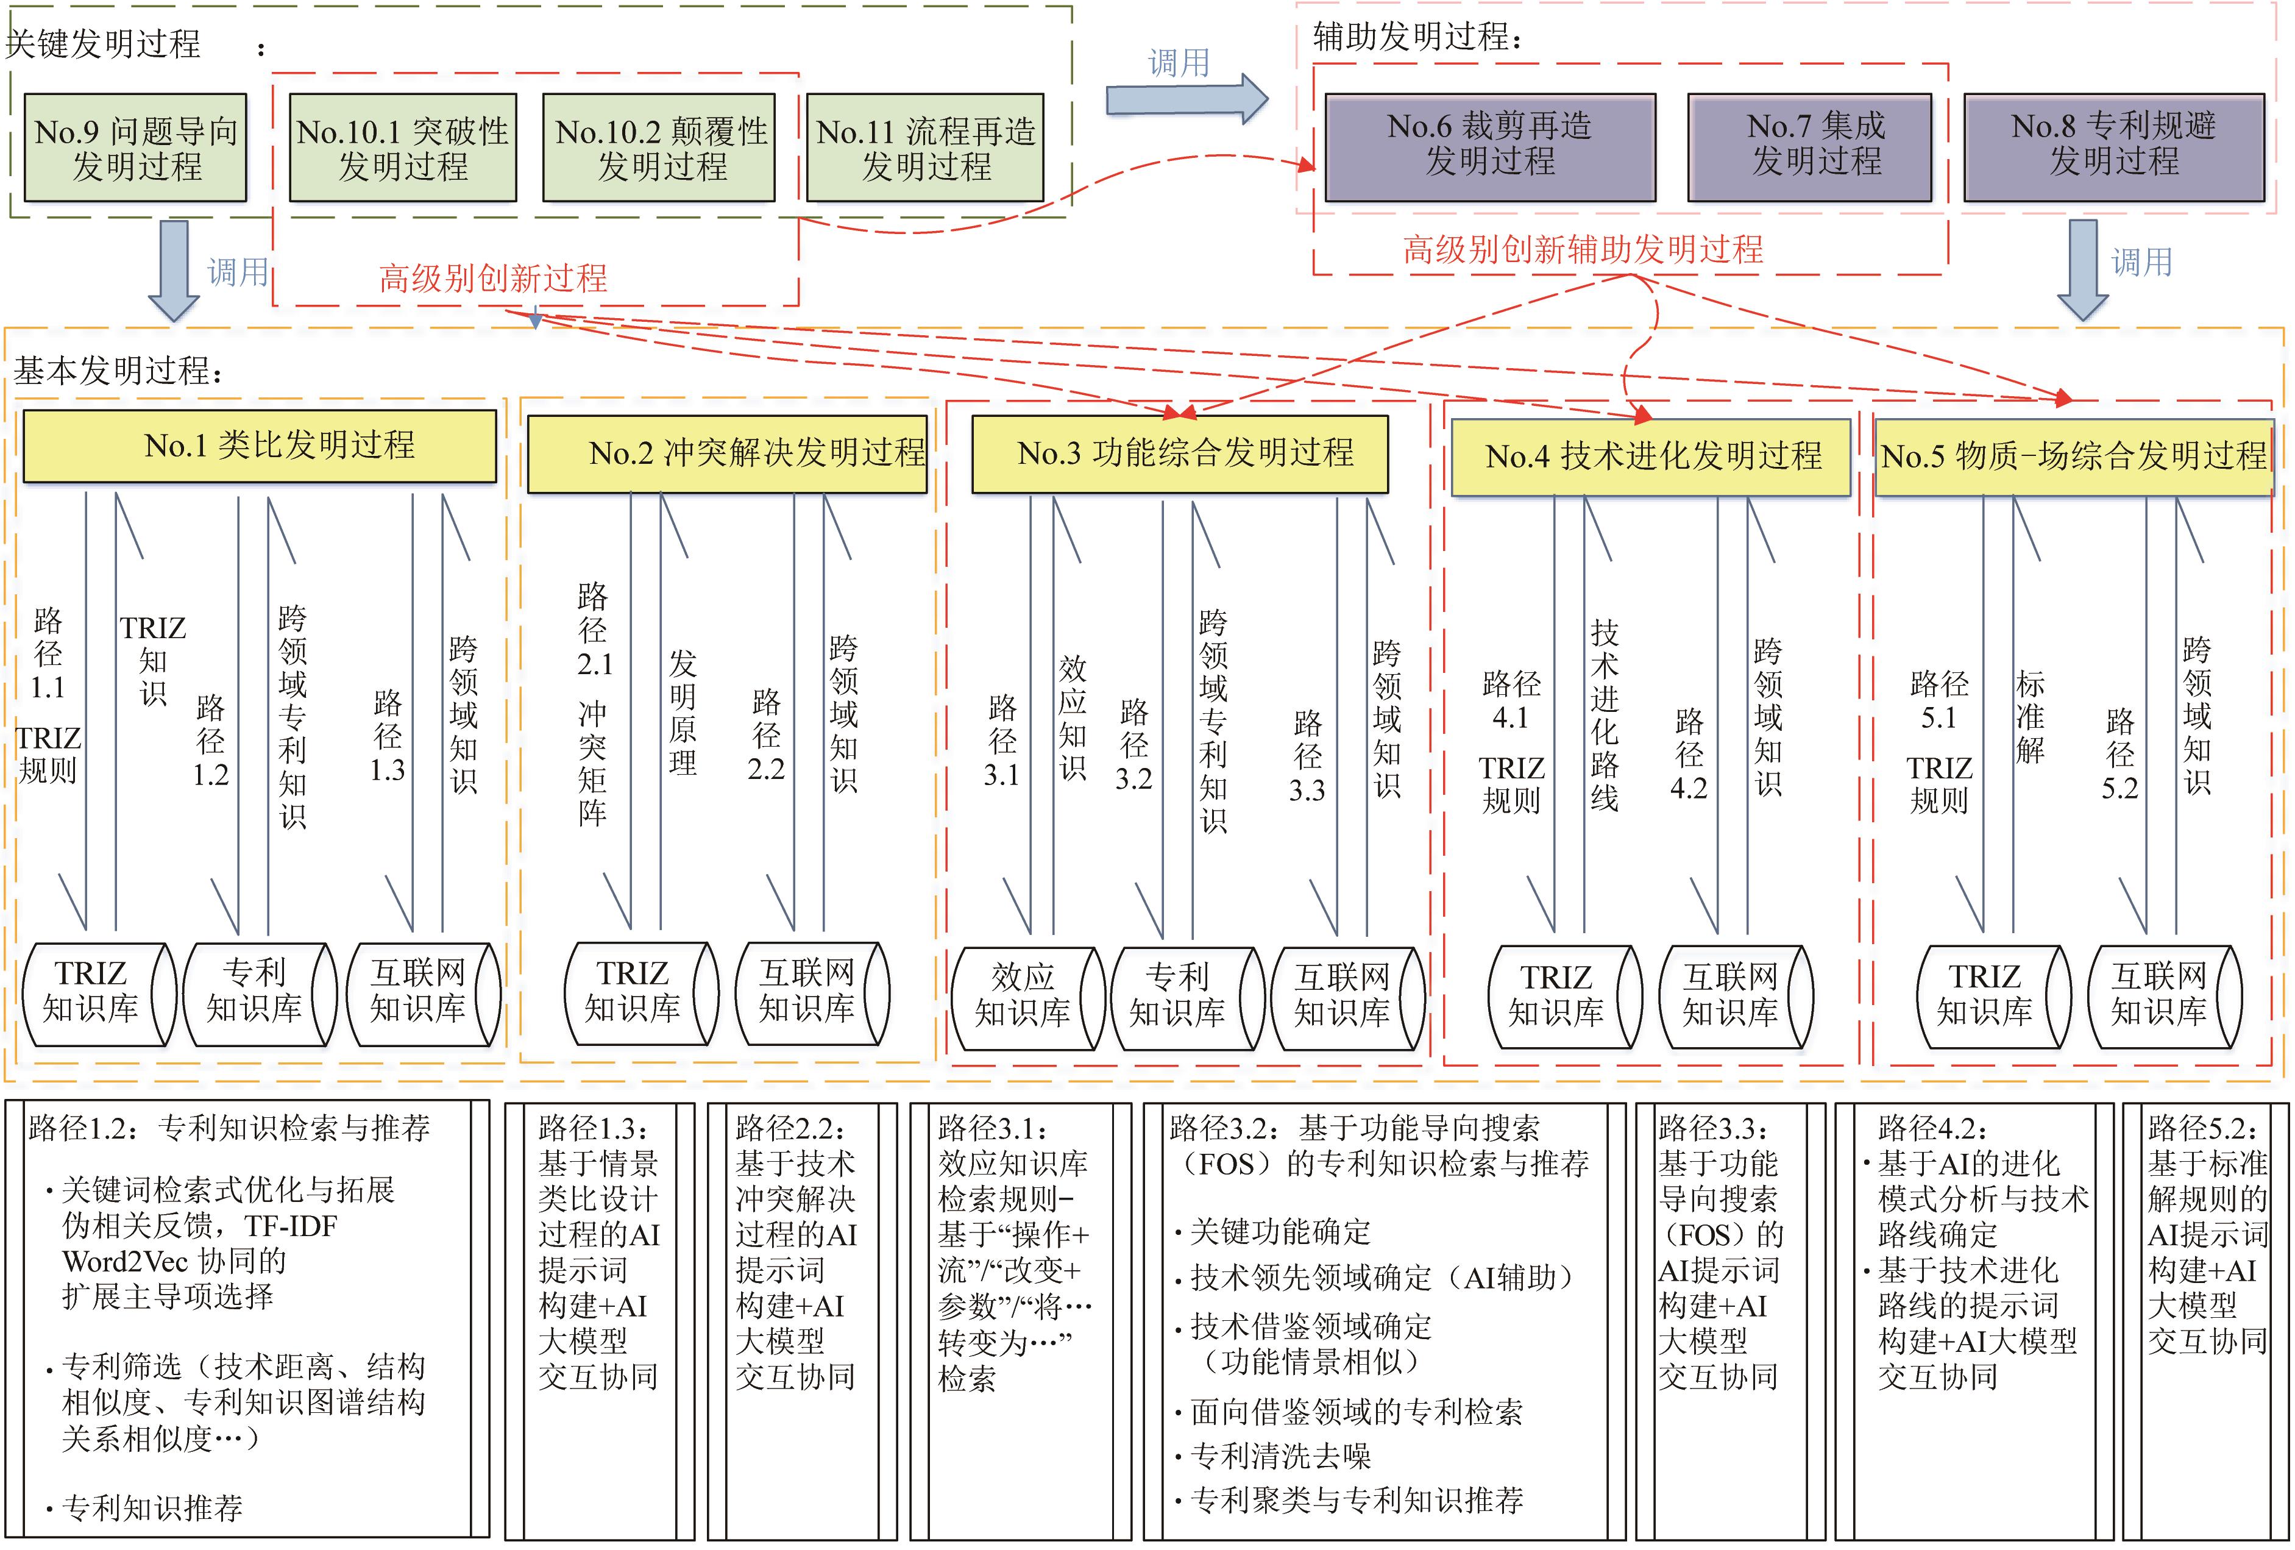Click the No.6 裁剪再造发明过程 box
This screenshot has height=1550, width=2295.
click(1489, 146)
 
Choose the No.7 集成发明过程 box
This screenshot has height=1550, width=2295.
click(1809, 146)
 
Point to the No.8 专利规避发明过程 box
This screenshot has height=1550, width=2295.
click(2113, 146)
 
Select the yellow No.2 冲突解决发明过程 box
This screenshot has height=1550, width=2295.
click(727, 453)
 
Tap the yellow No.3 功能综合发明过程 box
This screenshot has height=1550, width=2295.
click(1180, 453)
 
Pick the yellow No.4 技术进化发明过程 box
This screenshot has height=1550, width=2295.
click(1650, 457)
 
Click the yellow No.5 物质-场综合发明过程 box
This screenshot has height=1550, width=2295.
click(2074, 457)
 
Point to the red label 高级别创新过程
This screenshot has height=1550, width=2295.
click(493, 279)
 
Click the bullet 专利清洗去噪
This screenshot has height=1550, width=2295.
click(1280, 1455)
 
